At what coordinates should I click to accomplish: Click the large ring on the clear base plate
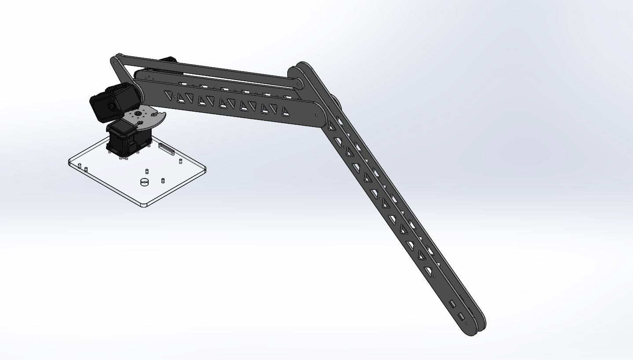tap(143, 182)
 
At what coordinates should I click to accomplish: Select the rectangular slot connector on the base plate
tap(166, 149)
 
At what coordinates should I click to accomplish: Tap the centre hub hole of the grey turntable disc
tap(138, 113)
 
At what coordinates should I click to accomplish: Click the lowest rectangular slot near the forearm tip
tap(461, 316)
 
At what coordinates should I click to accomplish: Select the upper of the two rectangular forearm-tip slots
tap(452, 304)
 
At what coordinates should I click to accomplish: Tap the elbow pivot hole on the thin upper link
tap(300, 83)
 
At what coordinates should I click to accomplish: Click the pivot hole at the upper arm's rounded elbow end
tap(316, 115)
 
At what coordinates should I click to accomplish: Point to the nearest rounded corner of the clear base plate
tap(143, 205)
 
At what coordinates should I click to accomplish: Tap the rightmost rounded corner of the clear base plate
tap(204, 169)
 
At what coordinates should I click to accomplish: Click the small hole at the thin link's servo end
tap(115, 62)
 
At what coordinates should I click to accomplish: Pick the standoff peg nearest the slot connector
tap(180, 161)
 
